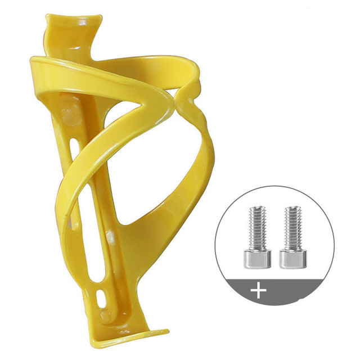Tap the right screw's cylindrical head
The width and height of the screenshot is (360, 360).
(x=293, y=258)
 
